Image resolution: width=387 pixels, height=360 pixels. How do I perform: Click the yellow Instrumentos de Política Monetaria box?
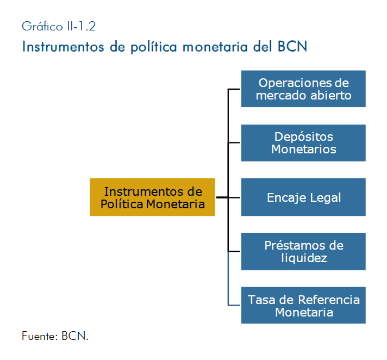pos(152,197)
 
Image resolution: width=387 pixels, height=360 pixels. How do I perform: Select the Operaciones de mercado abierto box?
pos(303,89)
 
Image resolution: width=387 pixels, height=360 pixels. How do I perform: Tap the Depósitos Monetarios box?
pos(303,143)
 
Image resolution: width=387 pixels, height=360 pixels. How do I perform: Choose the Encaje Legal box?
pos(303,197)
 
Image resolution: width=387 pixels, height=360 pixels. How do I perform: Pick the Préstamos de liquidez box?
pos(303,251)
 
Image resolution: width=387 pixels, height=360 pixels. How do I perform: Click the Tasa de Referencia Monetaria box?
pos(303,305)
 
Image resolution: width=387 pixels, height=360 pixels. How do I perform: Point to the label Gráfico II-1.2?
pos(59,27)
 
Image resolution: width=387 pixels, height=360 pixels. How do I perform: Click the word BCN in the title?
pos(292,46)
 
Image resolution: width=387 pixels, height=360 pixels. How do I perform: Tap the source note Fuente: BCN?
pos(55,336)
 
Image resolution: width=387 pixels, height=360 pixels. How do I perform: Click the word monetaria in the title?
pos(215,47)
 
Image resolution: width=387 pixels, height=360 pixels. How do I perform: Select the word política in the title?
pos(154,47)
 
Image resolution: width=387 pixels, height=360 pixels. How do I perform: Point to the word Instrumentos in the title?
pos(63,47)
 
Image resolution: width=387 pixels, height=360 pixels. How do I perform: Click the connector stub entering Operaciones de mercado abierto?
pos(234,89)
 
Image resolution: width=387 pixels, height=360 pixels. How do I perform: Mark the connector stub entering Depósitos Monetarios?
pos(234,142)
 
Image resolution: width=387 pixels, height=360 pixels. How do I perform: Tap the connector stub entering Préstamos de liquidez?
pos(234,251)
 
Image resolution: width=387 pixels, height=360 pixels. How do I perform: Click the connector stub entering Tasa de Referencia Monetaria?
pos(234,305)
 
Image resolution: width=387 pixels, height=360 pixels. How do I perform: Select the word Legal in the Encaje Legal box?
pos(325,198)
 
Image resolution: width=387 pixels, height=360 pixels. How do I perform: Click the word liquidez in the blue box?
pos(304,258)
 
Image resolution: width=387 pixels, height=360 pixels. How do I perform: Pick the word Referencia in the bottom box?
pos(329,300)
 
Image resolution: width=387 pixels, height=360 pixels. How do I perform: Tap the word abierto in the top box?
pos(330,95)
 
